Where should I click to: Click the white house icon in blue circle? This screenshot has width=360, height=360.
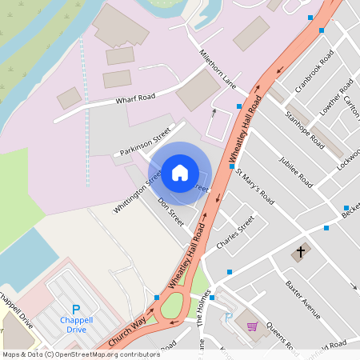[180, 172]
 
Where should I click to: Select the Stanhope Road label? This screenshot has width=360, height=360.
[305, 130]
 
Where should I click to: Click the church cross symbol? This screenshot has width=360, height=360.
[301, 253]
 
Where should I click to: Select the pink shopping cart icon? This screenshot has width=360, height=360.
[253, 326]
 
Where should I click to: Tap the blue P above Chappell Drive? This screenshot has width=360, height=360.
[76, 309]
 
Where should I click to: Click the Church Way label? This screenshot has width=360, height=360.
[127, 329]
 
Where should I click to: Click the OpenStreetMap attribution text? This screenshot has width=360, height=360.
[81, 354]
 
